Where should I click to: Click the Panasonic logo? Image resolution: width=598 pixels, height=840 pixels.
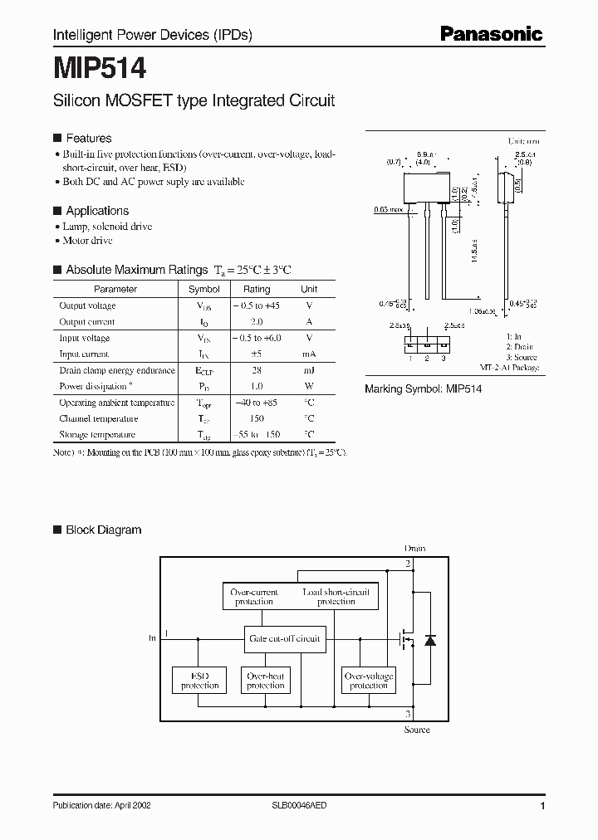coord(491,34)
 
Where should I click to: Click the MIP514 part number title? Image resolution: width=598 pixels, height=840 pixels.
coord(100,67)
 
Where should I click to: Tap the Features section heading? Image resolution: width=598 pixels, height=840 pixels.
coord(88,138)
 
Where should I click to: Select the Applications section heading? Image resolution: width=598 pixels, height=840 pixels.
coord(97,211)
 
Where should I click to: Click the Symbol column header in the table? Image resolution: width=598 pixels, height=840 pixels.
coord(204,289)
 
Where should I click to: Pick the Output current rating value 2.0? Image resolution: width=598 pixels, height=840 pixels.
coord(257,321)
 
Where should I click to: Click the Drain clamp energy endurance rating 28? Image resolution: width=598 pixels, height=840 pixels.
coord(257,370)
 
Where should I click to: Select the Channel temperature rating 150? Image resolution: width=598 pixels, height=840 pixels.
coord(257,418)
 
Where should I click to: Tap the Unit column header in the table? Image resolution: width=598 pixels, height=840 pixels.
coord(309,289)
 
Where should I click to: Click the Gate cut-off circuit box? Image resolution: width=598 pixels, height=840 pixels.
coord(284,638)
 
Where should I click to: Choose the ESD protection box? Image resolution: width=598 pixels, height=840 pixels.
coord(199,681)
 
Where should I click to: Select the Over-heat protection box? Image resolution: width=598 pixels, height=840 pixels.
coord(266,681)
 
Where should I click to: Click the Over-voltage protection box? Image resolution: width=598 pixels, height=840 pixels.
coord(369,681)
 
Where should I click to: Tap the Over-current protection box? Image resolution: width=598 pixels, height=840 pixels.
coord(254,596)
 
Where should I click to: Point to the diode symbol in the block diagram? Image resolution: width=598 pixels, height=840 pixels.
coord(429,639)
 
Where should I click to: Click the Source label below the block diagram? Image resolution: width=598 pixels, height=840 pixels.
coord(417,730)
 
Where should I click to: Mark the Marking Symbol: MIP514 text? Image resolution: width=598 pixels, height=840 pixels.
coord(424,388)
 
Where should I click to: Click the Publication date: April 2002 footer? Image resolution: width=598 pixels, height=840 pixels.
coord(101,805)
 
